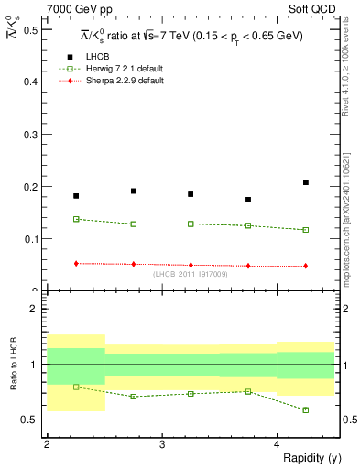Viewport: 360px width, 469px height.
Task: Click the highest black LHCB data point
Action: tap(306, 182)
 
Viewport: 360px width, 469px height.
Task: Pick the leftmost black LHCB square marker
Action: tap(76, 196)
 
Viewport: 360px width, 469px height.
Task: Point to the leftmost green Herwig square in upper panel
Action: tap(76, 219)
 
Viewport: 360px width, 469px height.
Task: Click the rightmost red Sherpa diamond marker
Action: tap(306, 266)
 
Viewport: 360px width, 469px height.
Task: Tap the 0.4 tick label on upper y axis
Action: tap(32, 82)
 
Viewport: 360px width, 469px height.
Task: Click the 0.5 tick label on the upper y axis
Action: tap(32, 29)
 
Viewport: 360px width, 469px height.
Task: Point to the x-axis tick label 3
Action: tap(162, 444)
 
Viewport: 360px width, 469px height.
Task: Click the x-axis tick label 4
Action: tap(278, 444)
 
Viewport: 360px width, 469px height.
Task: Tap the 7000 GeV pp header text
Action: tap(77, 8)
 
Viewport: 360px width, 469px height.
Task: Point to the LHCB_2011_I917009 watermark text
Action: tap(191, 275)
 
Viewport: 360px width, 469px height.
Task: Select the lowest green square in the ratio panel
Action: tap(306, 409)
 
